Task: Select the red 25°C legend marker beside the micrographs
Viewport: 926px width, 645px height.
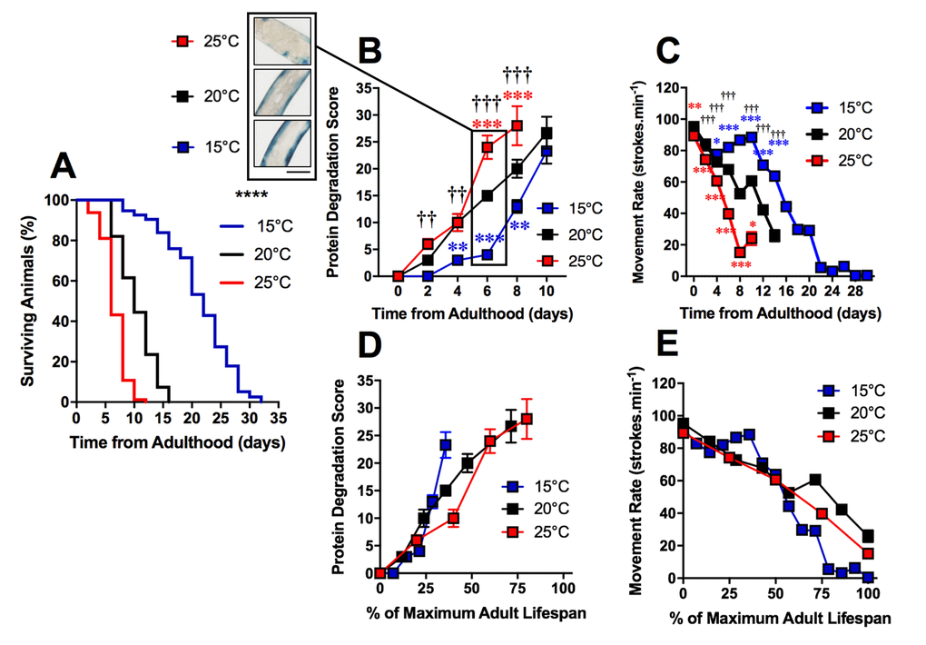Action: pos(183,41)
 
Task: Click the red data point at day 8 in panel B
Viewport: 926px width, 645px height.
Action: pos(517,126)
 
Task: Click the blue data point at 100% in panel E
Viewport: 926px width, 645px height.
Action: pos(868,577)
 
